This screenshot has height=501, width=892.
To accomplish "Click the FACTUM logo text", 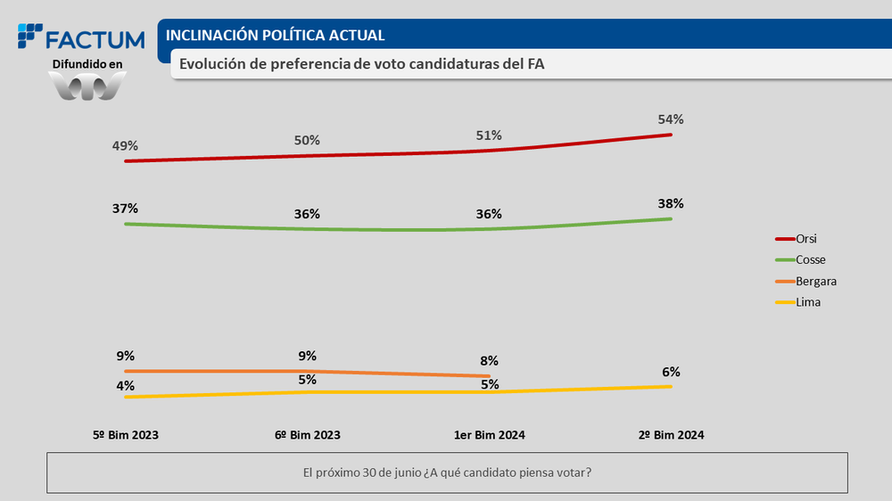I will (94, 40).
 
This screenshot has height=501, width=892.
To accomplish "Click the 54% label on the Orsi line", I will (671, 119).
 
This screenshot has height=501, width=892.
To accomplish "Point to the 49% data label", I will (126, 146).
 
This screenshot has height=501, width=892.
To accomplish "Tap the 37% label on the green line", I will (126, 209).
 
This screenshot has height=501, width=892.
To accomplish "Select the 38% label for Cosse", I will (671, 203).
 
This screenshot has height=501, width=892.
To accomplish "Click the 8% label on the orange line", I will (489, 361).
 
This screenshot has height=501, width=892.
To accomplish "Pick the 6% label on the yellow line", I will (671, 372).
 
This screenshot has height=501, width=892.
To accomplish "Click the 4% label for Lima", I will (126, 386).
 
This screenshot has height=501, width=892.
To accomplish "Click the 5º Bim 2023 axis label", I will (126, 435).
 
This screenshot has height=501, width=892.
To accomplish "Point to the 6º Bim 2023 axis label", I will (308, 435).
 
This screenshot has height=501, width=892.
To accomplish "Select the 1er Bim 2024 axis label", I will (490, 435).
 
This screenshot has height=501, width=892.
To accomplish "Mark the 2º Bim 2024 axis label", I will (671, 435).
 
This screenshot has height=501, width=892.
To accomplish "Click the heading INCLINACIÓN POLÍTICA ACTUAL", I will (276, 36).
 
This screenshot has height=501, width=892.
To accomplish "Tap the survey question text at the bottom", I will (447, 472).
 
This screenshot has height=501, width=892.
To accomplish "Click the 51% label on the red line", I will (489, 136).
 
